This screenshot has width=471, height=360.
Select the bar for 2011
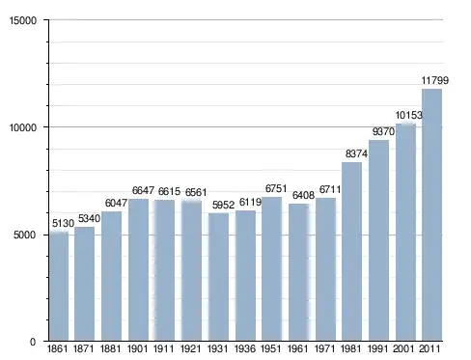point(431,215)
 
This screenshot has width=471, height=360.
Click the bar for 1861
point(59,287)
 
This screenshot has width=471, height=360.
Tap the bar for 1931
point(218,277)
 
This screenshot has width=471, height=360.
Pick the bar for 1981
point(351,252)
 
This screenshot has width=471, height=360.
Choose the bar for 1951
point(272,269)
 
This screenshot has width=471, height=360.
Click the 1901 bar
point(139,270)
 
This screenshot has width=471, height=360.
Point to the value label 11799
point(435,80)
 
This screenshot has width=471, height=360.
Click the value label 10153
point(408,115)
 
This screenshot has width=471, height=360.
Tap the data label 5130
point(63,223)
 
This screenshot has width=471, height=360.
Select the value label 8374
point(356,153)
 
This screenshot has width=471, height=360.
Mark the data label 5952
point(223,205)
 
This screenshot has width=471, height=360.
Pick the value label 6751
point(276,188)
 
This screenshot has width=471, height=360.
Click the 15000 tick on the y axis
point(23,20)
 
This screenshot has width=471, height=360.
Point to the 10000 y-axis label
point(23,127)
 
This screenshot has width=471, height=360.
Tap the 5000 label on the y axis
point(25,235)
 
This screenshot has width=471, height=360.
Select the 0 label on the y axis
point(33,342)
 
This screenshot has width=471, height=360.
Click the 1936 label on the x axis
point(245,348)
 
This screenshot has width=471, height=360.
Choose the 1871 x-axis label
point(84,348)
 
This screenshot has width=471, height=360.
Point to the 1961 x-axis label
point(298,348)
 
